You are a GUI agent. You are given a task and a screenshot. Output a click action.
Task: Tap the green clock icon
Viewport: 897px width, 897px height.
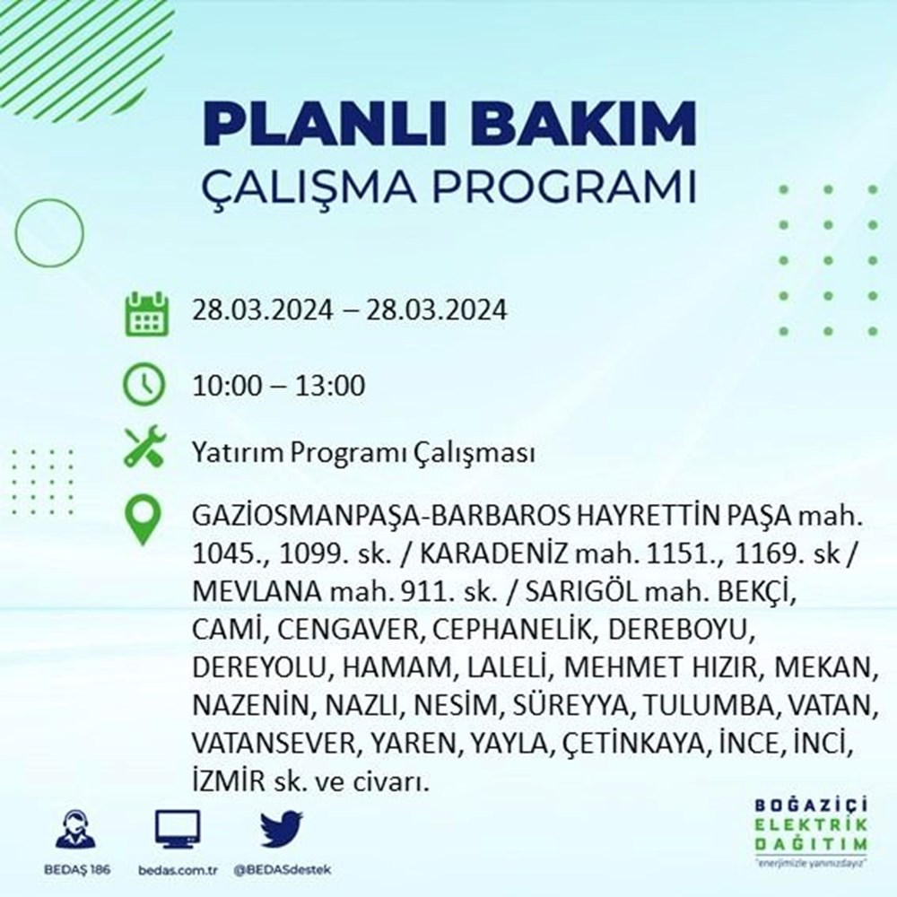[x=144, y=386]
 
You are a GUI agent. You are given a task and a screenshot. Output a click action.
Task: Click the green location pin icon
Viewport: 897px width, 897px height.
[x=144, y=521]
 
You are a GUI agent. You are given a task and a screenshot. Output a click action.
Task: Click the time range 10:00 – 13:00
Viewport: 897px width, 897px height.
[x=278, y=387]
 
